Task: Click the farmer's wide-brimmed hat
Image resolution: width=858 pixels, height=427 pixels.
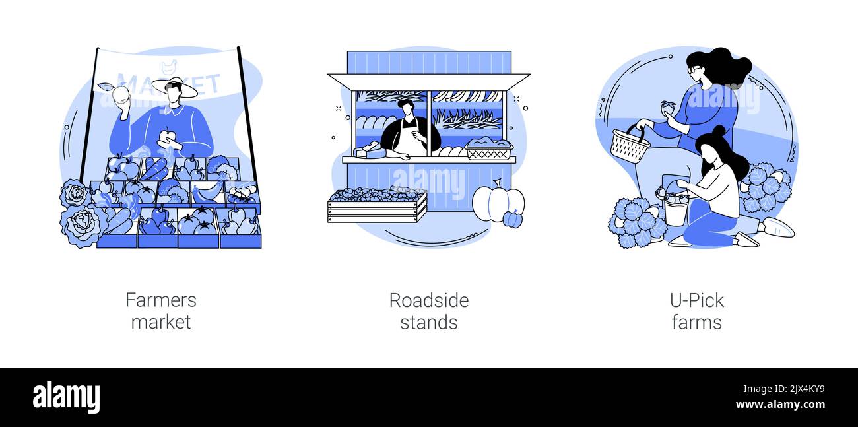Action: tap(175, 87)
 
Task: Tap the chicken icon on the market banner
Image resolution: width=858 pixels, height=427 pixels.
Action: tap(168, 67)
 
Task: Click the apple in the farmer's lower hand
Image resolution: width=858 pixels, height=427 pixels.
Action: tap(168, 137)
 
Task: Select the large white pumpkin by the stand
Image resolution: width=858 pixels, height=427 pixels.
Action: tap(497, 202)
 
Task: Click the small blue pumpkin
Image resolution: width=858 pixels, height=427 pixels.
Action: tap(513, 219)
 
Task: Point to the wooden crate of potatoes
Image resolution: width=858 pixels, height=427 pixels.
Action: tap(377, 205)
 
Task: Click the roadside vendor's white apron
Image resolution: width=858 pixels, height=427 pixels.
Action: tap(410, 138)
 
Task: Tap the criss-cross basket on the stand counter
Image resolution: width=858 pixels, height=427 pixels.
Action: tap(489, 149)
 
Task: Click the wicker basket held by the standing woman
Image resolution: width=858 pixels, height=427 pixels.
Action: tap(630, 145)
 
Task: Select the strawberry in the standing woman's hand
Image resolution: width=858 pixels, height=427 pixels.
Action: tap(668, 107)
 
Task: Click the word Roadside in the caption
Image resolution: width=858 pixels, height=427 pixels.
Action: tap(429, 301)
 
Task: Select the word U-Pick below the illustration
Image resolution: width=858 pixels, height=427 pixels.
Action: tap(697, 301)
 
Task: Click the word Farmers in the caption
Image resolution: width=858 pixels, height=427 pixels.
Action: tap(161, 300)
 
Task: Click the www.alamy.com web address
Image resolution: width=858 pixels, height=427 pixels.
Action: tap(780, 405)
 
